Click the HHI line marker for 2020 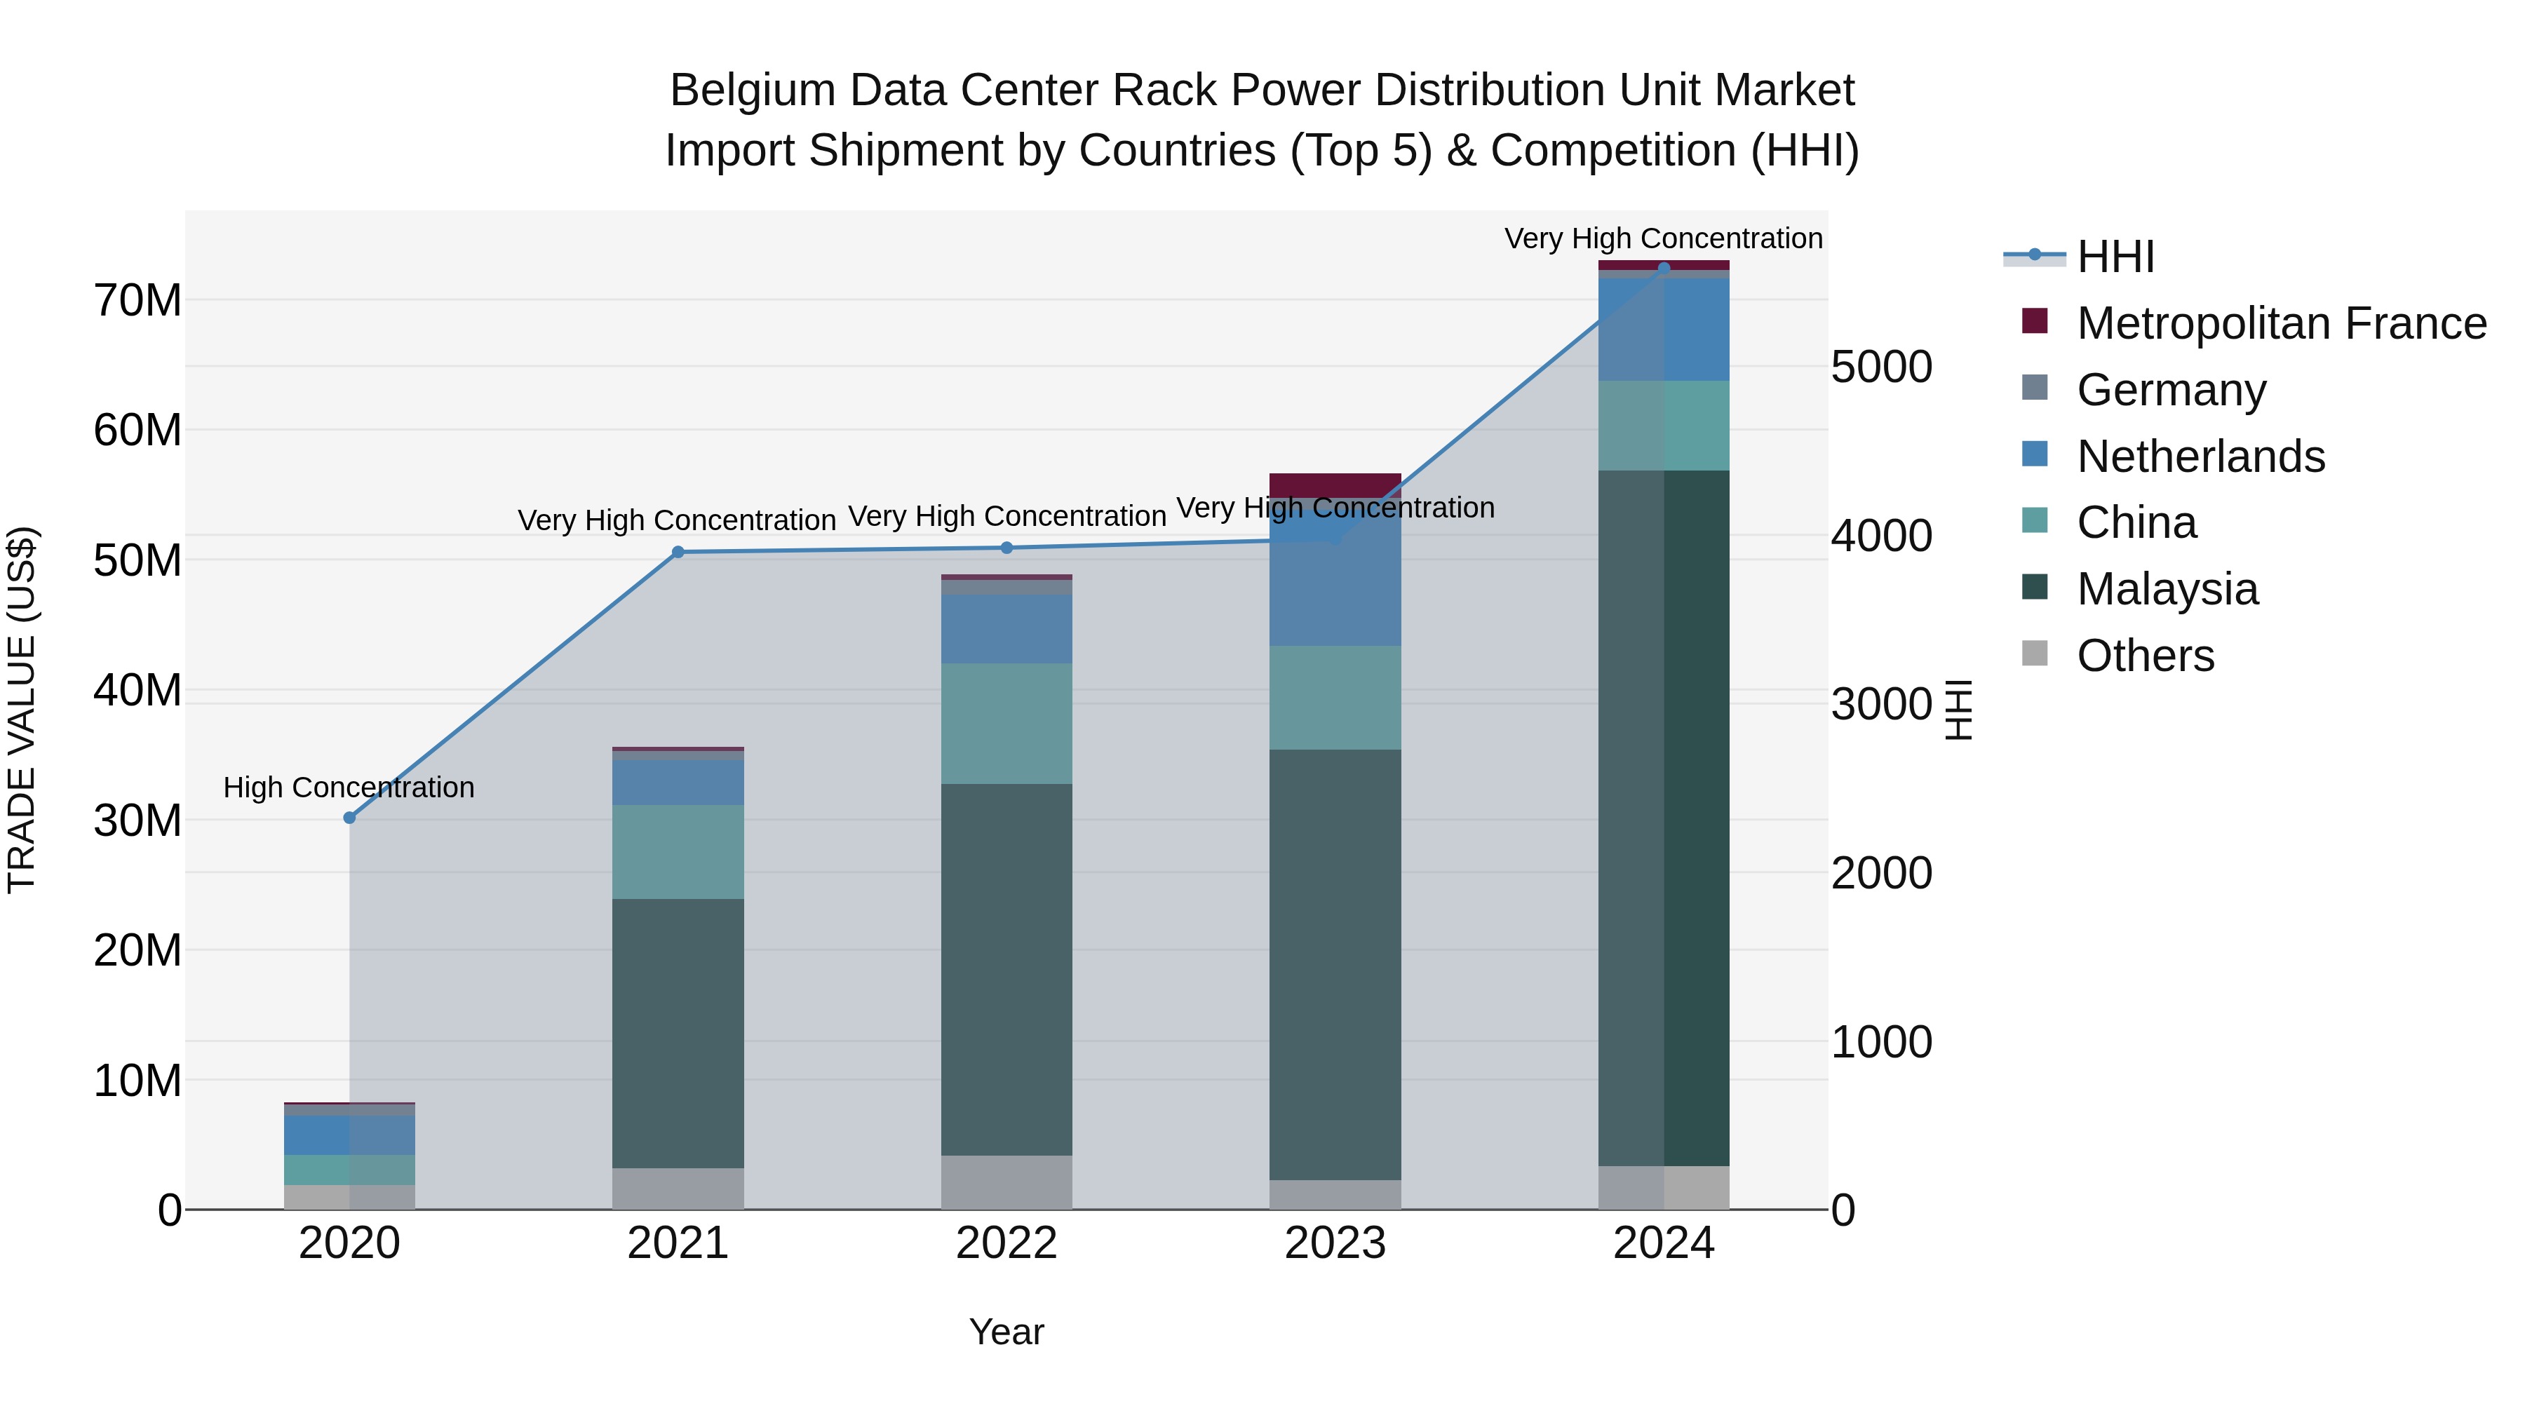pyautogui.click(x=349, y=818)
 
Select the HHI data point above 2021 pyautogui.click(x=678, y=552)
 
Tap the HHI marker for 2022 pyautogui.click(x=1006, y=548)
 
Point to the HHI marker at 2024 pyautogui.click(x=1664, y=269)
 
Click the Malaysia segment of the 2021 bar pyautogui.click(x=678, y=1033)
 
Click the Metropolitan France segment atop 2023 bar pyautogui.click(x=1335, y=484)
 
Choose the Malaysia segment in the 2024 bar pyautogui.click(x=1664, y=818)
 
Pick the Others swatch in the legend pyautogui.click(x=2035, y=654)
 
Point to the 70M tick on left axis pyautogui.click(x=137, y=300)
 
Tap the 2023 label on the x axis pyautogui.click(x=1335, y=1243)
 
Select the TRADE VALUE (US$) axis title pyautogui.click(x=22, y=710)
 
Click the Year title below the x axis pyautogui.click(x=1006, y=1332)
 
